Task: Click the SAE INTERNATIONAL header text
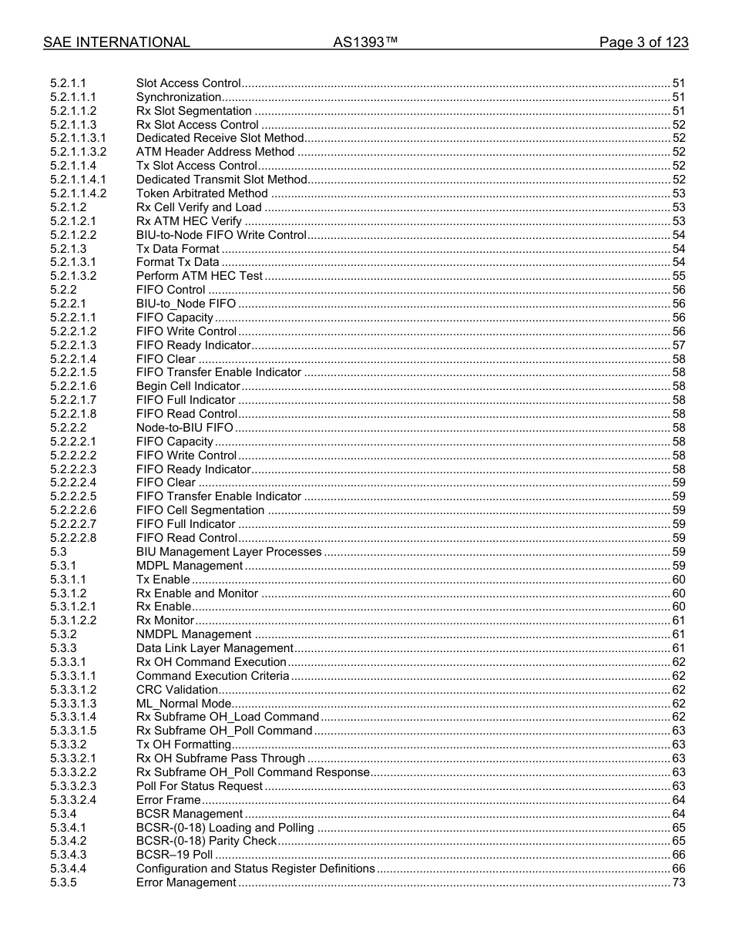pyautogui.click(x=116, y=42)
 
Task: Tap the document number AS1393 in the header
pyautogui.click(x=365, y=42)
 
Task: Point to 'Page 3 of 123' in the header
pyautogui.click(x=643, y=42)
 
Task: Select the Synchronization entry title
pyautogui.click(x=179, y=97)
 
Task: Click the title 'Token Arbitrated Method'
pyautogui.click(x=202, y=193)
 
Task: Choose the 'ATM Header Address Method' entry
pyautogui.click(x=215, y=152)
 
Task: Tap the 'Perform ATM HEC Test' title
pyautogui.click(x=200, y=276)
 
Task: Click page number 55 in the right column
pyautogui.click(x=679, y=276)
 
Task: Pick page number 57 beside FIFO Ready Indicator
pyautogui.click(x=679, y=345)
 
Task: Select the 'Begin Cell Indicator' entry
pyautogui.click(x=188, y=386)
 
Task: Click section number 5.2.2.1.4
pyautogui.click(x=73, y=359)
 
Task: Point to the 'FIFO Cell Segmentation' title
pyautogui.click(x=200, y=510)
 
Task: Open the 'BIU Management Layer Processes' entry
pyautogui.click(x=229, y=552)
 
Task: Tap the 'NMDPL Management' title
pyautogui.click(x=193, y=634)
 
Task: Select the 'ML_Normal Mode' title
pyautogui.click(x=183, y=704)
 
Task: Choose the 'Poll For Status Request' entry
pyautogui.click(x=200, y=786)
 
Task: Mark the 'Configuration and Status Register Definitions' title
pyautogui.click(x=255, y=869)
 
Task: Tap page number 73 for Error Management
pyautogui.click(x=679, y=882)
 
